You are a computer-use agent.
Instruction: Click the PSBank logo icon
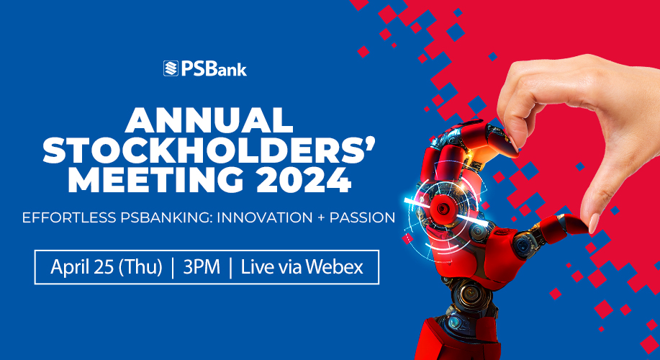[171, 69]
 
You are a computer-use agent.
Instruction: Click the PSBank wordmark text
[214, 69]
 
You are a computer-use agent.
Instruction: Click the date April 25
[83, 267]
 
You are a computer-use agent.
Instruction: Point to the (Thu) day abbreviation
[140, 267]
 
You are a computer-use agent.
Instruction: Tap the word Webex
[335, 267]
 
